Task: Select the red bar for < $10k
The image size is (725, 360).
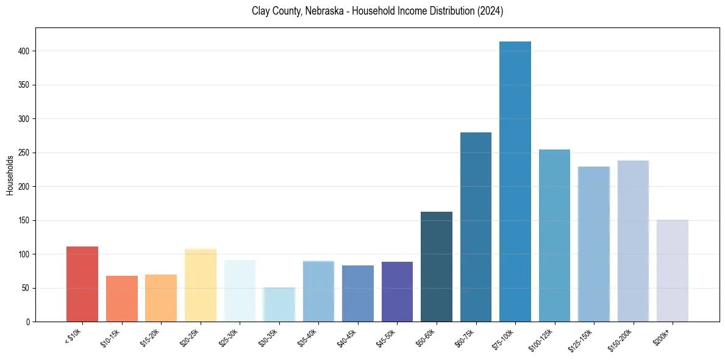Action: tap(82, 284)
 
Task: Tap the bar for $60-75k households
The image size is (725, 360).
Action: tap(476, 226)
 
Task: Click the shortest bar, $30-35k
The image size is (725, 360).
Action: tap(279, 304)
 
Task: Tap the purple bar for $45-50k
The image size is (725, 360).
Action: tap(397, 292)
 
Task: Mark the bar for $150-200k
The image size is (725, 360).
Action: tap(633, 241)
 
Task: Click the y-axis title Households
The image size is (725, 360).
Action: tap(10, 175)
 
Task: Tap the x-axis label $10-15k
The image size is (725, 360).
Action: tap(110, 337)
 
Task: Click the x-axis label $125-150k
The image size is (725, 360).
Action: tap(580, 339)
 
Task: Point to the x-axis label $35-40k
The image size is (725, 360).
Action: tap(307, 337)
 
